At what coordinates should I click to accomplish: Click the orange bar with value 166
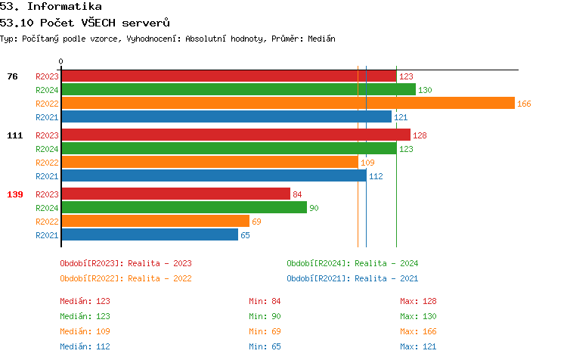pyautogui.click(x=287, y=104)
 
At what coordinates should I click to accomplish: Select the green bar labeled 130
pyautogui.click(x=238, y=90)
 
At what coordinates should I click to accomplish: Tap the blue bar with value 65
pyautogui.click(x=150, y=235)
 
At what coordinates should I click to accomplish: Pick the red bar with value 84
pyautogui.click(x=175, y=194)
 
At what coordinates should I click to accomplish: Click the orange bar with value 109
pyautogui.click(x=209, y=163)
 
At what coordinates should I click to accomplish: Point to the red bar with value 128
pyautogui.click(x=235, y=135)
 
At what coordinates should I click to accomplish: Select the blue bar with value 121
pyautogui.click(x=226, y=117)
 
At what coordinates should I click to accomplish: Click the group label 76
pyautogui.click(x=13, y=76)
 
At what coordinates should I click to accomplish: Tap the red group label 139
pyautogui.click(x=15, y=194)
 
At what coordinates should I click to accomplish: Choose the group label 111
pyautogui.click(x=15, y=135)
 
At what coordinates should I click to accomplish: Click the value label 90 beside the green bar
pyautogui.click(x=314, y=208)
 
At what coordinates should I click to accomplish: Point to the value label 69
pyautogui.click(x=256, y=222)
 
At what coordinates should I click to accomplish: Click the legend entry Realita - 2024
pyautogui.click(x=352, y=263)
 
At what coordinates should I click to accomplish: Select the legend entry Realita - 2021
pyautogui.click(x=352, y=278)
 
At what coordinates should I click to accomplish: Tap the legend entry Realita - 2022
pyautogui.click(x=125, y=278)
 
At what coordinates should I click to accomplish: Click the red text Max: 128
pyautogui.click(x=418, y=301)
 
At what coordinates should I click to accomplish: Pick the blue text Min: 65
pyautogui.click(x=265, y=346)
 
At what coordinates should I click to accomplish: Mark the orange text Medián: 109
pyautogui.click(x=85, y=331)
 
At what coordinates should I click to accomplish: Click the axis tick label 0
pyautogui.click(x=61, y=61)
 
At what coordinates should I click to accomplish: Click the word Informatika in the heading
pyautogui.click(x=64, y=7)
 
